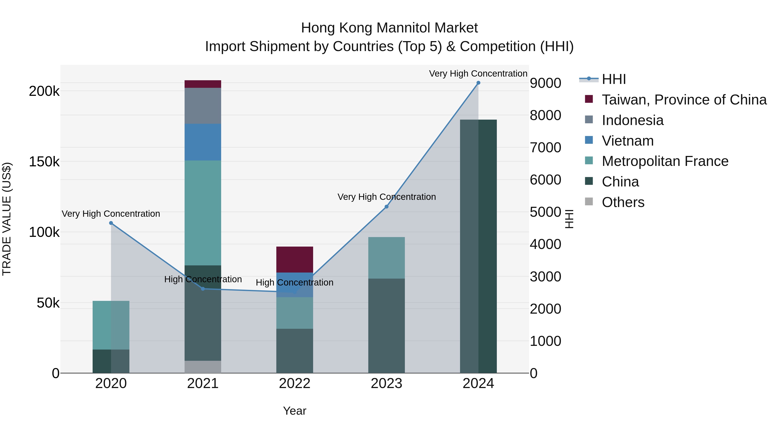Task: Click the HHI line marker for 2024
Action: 478,83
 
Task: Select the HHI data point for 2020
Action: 111,223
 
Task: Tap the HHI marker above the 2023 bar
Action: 386,207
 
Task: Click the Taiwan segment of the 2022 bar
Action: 295,259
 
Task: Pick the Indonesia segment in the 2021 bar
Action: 203,106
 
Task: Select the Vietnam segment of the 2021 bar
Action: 203,142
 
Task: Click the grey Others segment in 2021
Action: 203,367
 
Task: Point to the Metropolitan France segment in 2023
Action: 386,258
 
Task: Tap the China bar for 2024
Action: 478,246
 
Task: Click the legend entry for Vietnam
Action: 628,141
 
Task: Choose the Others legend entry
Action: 623,202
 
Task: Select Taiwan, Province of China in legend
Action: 684,100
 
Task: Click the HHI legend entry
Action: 614,79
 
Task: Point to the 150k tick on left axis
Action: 44,162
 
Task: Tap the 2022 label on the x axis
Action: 295,383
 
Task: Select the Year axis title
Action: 295,411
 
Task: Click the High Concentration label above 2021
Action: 203,279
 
